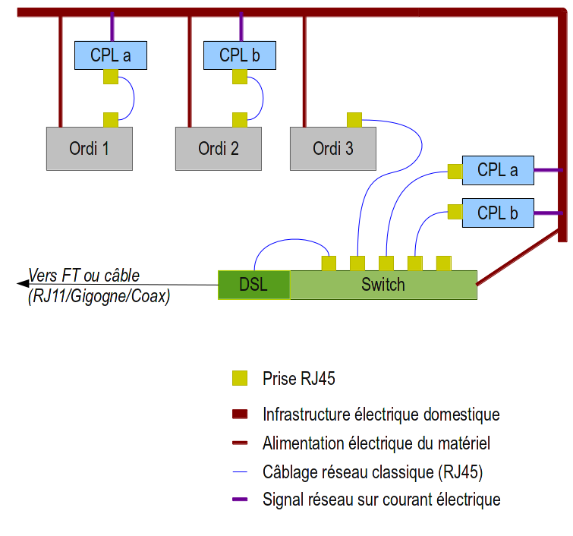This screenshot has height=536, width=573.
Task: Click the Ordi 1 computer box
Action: point(90,148)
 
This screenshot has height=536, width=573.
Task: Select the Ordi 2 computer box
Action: point(219,148)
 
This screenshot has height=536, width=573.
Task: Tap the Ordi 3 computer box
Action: point(333,148)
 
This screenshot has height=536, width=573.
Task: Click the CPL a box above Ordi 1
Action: point(111,55)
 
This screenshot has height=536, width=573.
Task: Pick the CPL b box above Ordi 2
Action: point(240,55)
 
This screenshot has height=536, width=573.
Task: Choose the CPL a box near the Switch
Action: point(498,169)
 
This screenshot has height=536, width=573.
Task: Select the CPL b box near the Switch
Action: point(498,213)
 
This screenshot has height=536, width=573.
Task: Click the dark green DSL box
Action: point(253,285)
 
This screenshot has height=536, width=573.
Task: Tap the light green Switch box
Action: point(383,285)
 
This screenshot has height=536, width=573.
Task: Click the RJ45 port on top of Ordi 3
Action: point(354,119)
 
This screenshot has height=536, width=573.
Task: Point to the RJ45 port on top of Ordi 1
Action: point(111,119)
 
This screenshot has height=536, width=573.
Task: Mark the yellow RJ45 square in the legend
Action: point(240,377)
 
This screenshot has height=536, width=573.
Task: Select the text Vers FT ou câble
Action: point(84,275)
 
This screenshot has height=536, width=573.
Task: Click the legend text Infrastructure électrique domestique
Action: point(381,415)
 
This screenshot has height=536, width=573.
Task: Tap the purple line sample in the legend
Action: point(240,500)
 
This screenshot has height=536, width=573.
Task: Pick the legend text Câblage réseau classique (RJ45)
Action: point(373,471)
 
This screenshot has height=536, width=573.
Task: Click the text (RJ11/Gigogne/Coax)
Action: point(98,296)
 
